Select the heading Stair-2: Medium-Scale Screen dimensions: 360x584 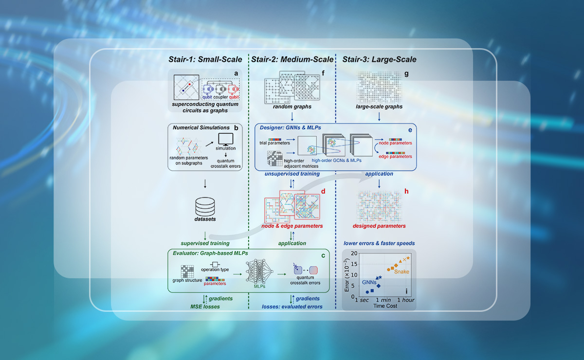pyautogui.click(x=292, y=60)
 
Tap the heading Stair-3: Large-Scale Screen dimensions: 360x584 pyautogui.click(x=379, y=60)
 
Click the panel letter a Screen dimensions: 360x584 pyautogui.click(x=236, y=73)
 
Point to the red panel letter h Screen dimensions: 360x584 pyautogui.click(x=406, y=192)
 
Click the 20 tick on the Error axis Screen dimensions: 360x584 pyautogui.click(x=354, y=254)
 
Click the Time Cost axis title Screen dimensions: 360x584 pyautogui.click(x=385, y=306)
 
